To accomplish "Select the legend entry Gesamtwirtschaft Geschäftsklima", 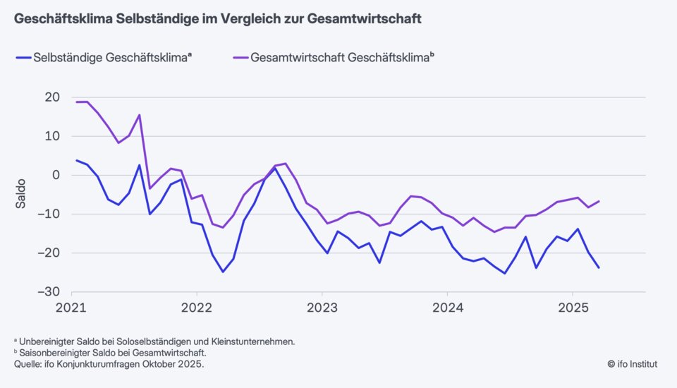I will pyautogui.click(x=340, y=59).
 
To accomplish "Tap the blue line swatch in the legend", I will pyautogui.click(x=23, y=59).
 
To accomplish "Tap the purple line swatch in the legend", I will pyautogui.click(x=240, y=59).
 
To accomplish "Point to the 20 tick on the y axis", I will pyautogui.click(x=52, y=97).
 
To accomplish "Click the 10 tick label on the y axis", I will pyautogui.click(x=52, y=136).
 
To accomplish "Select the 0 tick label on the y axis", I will pyautogui.click(x=56, y=175).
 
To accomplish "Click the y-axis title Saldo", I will pyautogui.click(x=22, y=195).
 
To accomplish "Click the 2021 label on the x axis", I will pyautogui.click(x=71, y=308).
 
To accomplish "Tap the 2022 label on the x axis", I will pyautogui.click(x=197, y=308).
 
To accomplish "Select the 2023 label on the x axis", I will pyautogui.click(x=322, y=308).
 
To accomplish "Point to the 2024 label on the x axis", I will pyautogui.click(x=446, y=308).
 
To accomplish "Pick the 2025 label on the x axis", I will pyautogui.click(x=572, y=308).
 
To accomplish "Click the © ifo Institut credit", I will pyautogui.click(x=632, y=364).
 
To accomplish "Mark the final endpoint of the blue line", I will pyautogui.click(x=599, y=267).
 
